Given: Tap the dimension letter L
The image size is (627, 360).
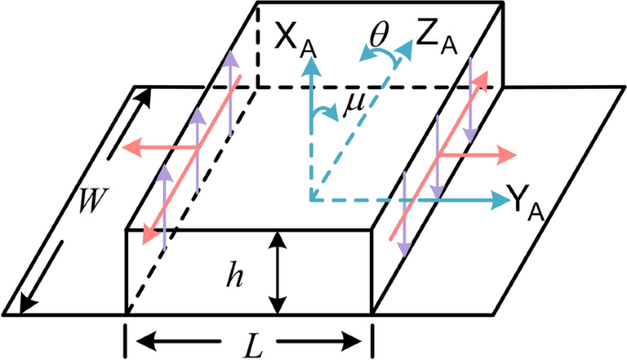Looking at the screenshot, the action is click(x=249, y=344).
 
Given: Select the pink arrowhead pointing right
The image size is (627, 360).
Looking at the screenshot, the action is click(x=506, y=157).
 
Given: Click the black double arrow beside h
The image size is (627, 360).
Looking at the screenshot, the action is click(x=276, y=272).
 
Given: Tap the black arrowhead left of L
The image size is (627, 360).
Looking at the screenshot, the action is click(x=141, y=342).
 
